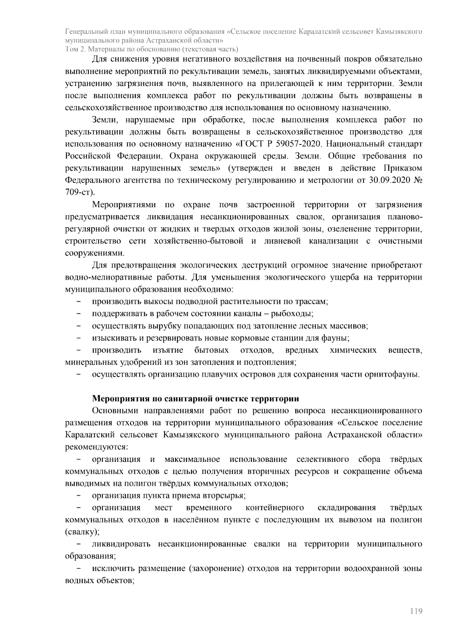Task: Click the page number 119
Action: (x=416, y=611)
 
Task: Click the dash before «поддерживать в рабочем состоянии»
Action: (x=79, y=314)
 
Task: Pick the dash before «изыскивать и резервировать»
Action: (x=79, y=338)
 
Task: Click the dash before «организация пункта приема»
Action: (x=79, y=496)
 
